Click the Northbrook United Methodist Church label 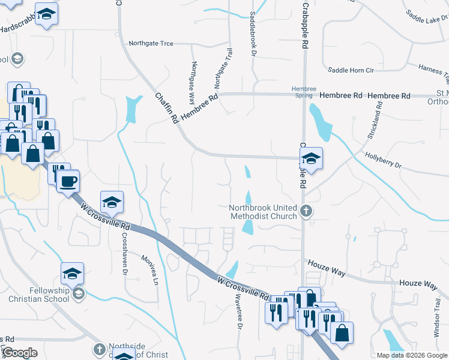click(x=264, y=212)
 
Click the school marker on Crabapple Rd click(x=311, y=159)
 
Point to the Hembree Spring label click(x=303, y=92)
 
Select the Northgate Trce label click(x=151, y=43)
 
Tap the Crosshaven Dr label click(x=125, y=253)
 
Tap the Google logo click(x=20, y=353)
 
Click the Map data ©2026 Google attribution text click(x=412, y=355)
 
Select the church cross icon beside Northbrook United click(x=306, y=211)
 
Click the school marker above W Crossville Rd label click(x=112, y=202)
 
